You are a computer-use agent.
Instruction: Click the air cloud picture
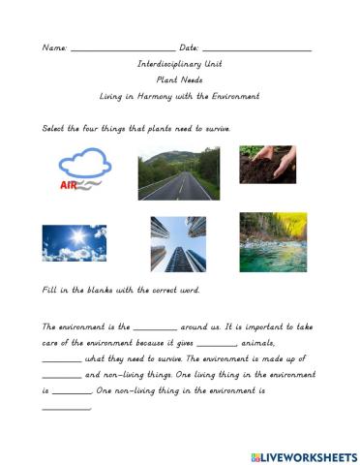(78, 170)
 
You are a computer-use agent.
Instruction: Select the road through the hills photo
(173, 173)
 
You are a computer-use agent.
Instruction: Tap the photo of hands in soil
(267, 164)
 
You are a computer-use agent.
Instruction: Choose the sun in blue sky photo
(75, 242)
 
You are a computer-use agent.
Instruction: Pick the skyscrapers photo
(178, 243)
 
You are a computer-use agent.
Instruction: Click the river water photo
(273, 241)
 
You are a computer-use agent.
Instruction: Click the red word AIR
(69, 183)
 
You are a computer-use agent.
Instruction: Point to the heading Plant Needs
(179, 80)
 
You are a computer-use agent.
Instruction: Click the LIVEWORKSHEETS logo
(302, 455)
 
